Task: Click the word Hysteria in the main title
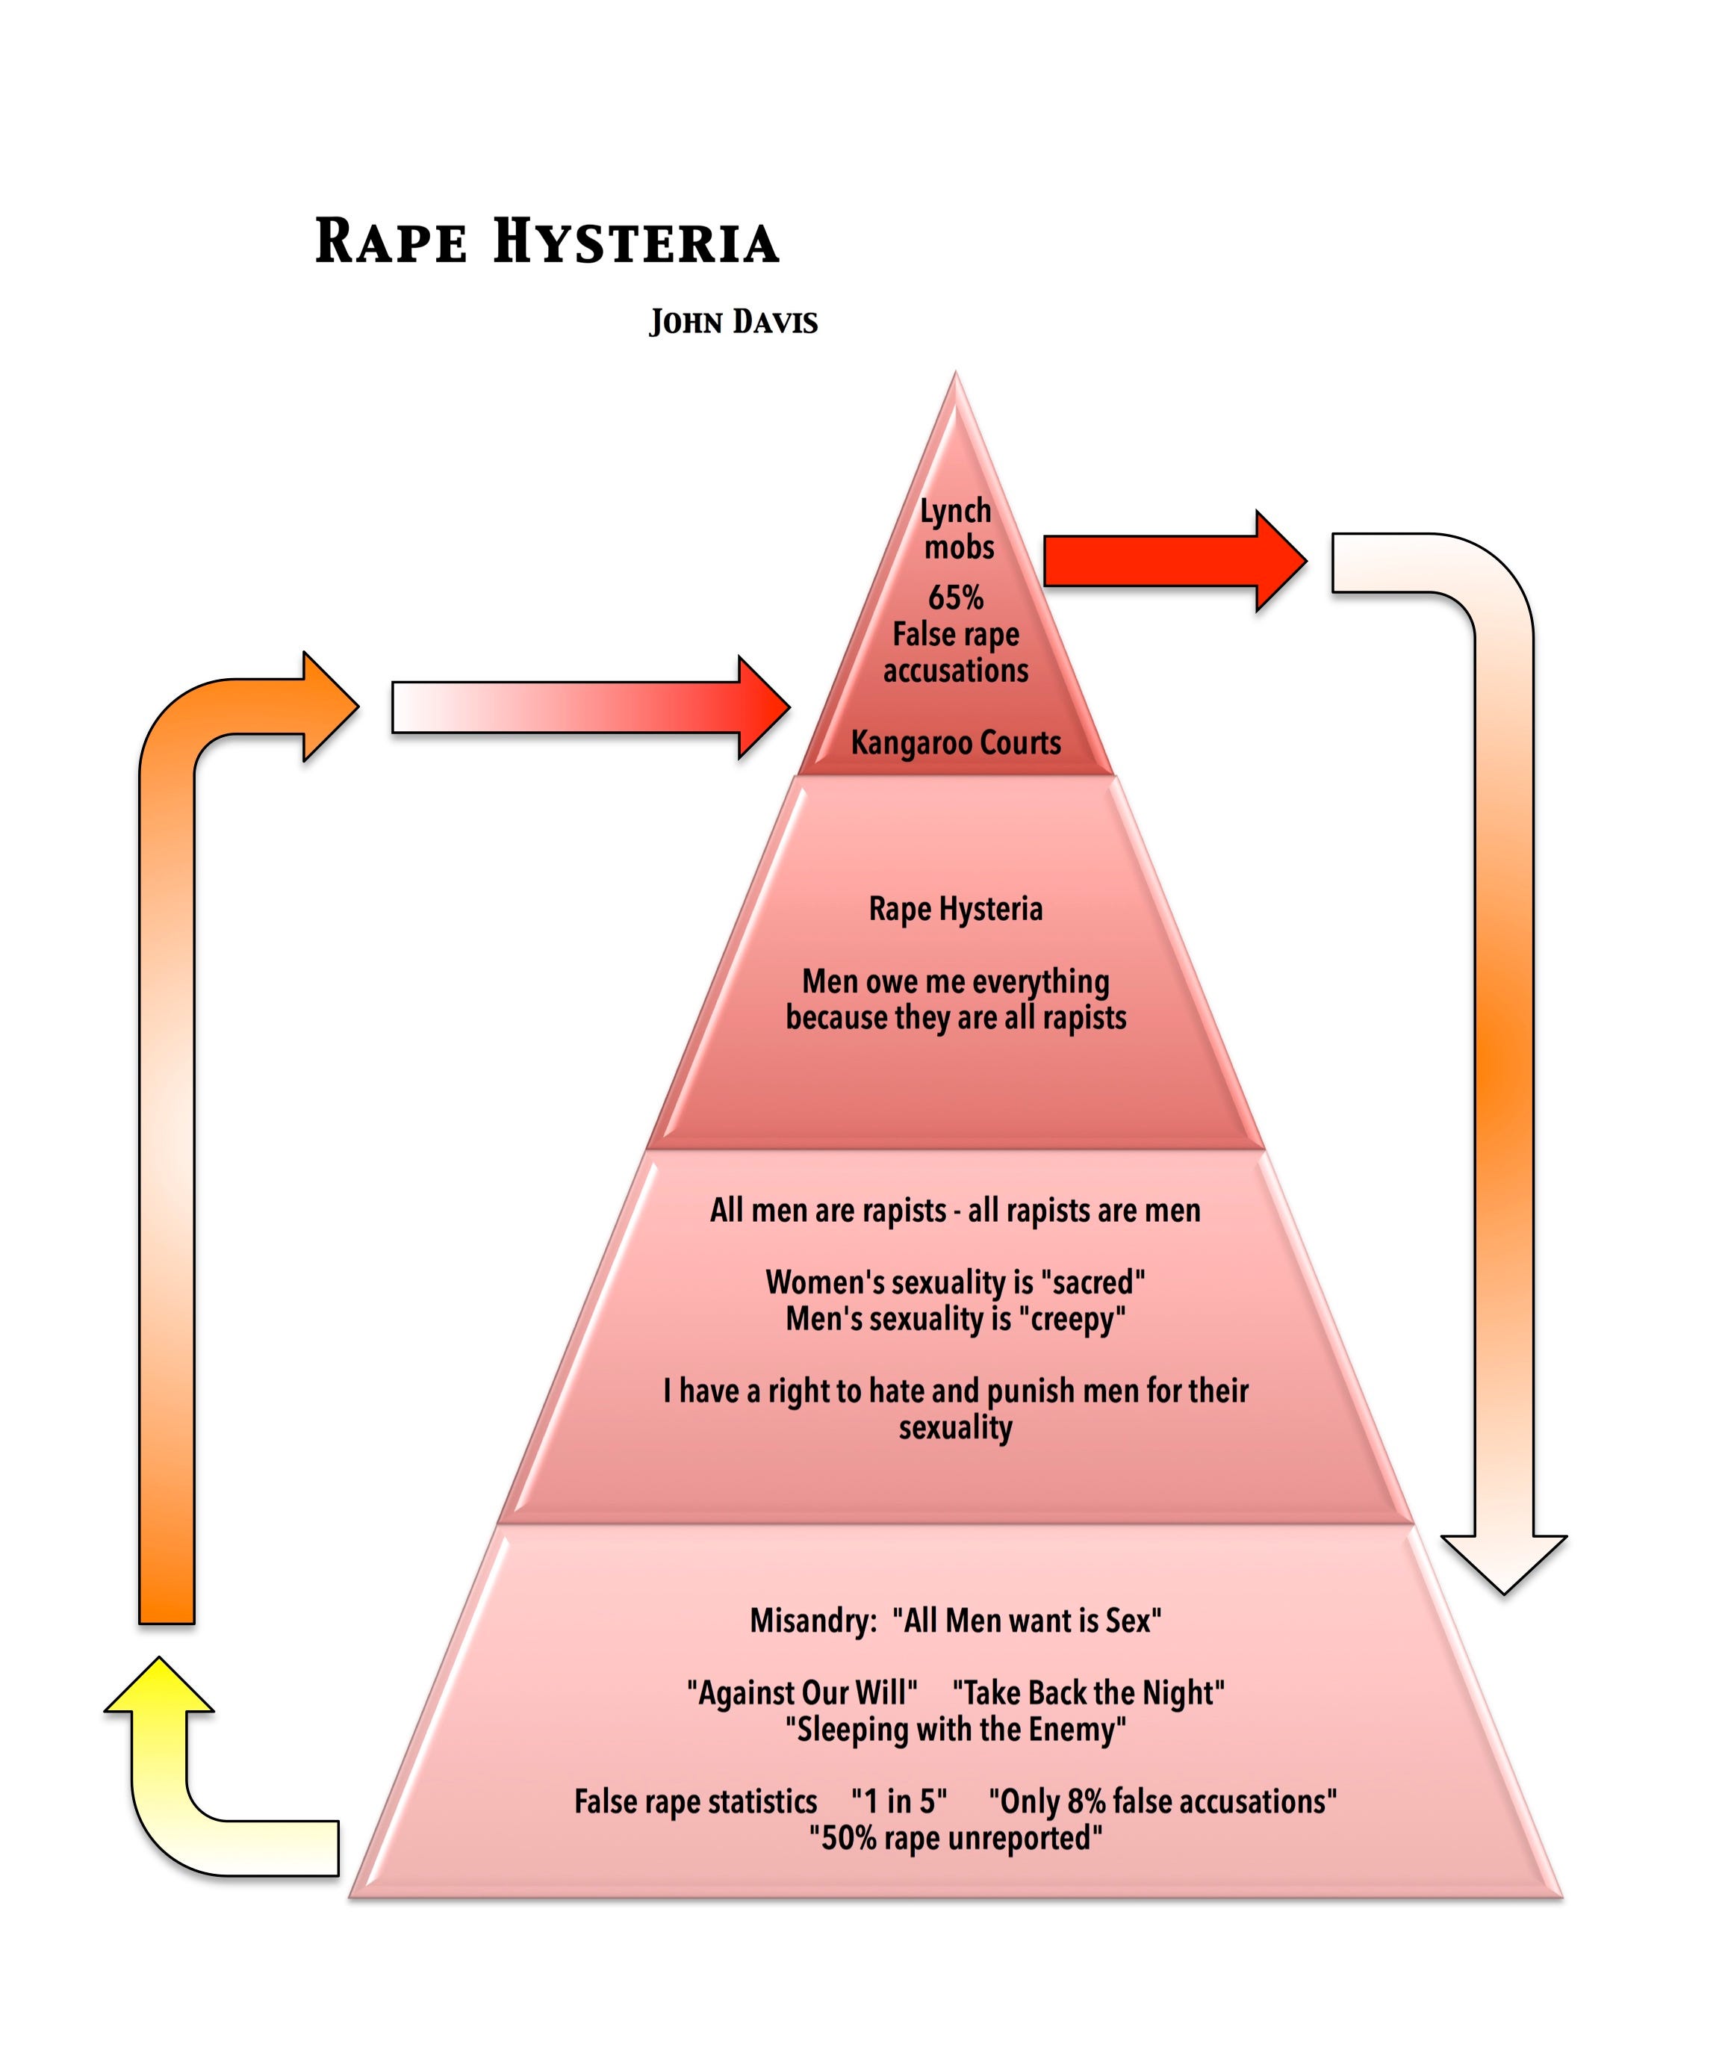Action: (635, 242)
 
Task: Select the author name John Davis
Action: (733, 323)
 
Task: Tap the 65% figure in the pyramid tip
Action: (955, 597)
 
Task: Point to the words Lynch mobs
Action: (957, 529)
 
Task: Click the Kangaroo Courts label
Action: (955, 742)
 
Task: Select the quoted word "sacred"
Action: (1092, 1282)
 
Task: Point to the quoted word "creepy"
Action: (1077, 1319)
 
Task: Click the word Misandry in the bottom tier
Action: (812, 1621)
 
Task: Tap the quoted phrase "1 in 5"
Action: (899, 1801)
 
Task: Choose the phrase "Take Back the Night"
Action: (1088, 1692)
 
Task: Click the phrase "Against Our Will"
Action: (801, 1692)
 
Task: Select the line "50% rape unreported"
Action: (955, 1838)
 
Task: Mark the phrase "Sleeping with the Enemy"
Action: (955, 1729)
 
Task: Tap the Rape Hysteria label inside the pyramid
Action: (955, 909)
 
